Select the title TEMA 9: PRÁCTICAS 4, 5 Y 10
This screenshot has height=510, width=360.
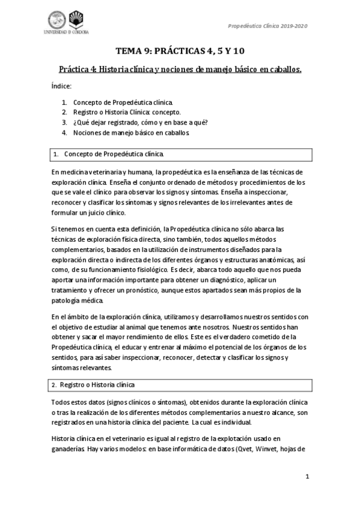pyautogui.click(x=180, y=51)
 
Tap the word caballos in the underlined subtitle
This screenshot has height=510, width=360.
pyautogui.click(x=282, y=69)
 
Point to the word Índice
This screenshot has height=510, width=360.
pyautogui.click(x=61, y=87)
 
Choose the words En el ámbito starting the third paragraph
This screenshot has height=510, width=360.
pyautogui.click(x=72, y=317)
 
